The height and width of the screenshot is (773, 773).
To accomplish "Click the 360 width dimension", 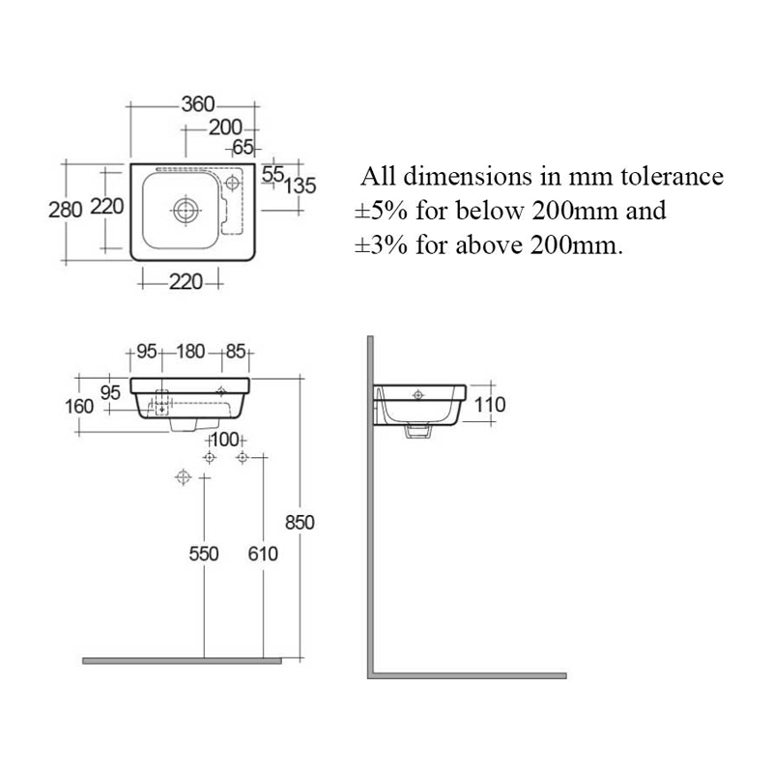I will tap(197, 104).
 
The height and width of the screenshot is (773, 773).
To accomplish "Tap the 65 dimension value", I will tap(242, 148).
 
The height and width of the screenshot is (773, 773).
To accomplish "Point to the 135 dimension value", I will tap(301, 185).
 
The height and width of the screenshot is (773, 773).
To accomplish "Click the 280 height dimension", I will tap(65, 210).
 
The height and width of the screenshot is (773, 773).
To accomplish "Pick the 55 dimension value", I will tap(272, 173).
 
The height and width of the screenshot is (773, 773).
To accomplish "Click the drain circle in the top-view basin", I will tap(184, 208).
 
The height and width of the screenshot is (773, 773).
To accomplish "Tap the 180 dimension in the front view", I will tap(190, 352).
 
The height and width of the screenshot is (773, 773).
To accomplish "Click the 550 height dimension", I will tap(203, 554).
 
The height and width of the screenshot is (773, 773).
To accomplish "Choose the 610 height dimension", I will tap(262, 554).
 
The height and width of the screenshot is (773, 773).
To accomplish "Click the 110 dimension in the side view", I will tap(491, 405).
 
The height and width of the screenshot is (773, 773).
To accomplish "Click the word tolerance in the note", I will tap(667, 178).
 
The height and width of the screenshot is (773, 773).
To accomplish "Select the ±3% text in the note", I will tap(378, 243).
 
